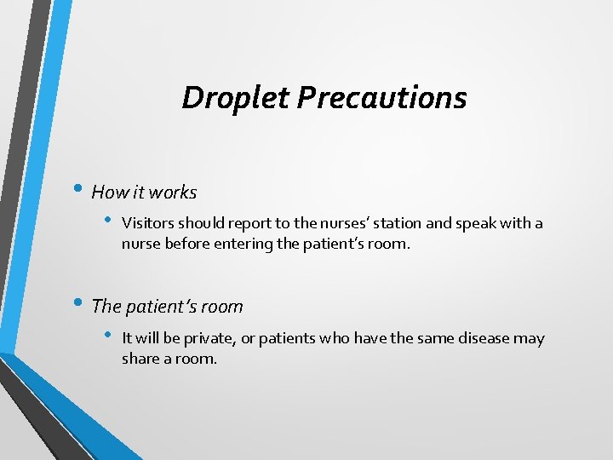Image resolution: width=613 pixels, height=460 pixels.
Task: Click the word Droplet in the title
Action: (236, 98)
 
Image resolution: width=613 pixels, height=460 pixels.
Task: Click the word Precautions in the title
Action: (381, 98)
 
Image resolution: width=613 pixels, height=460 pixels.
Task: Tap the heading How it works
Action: (144, 193)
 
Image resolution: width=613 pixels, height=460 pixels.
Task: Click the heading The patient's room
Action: (167, 307)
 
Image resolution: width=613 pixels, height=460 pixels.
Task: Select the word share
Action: (140, 359)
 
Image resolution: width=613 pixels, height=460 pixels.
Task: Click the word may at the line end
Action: (528, 338)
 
